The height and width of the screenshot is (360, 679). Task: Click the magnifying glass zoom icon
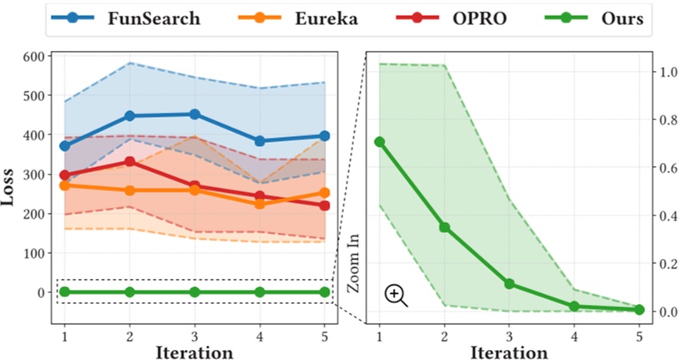(x=396, y=295)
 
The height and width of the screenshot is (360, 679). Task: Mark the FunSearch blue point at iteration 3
(x=195, y=114)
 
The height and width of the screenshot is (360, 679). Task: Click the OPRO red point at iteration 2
(x=129, y=161)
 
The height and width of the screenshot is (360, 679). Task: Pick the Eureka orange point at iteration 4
(x=260, y=203)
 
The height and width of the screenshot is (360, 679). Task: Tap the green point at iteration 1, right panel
(x=379, y=142)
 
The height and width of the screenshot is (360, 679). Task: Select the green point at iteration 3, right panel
(x=509, y=284)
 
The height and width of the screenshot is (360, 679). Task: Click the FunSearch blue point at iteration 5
(x=324, y=135)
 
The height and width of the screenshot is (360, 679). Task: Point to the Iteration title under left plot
(x=194, y=352)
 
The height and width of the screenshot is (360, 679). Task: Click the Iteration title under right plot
(x=509, y=352)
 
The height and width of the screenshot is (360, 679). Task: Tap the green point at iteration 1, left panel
(x=64, y=292)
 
